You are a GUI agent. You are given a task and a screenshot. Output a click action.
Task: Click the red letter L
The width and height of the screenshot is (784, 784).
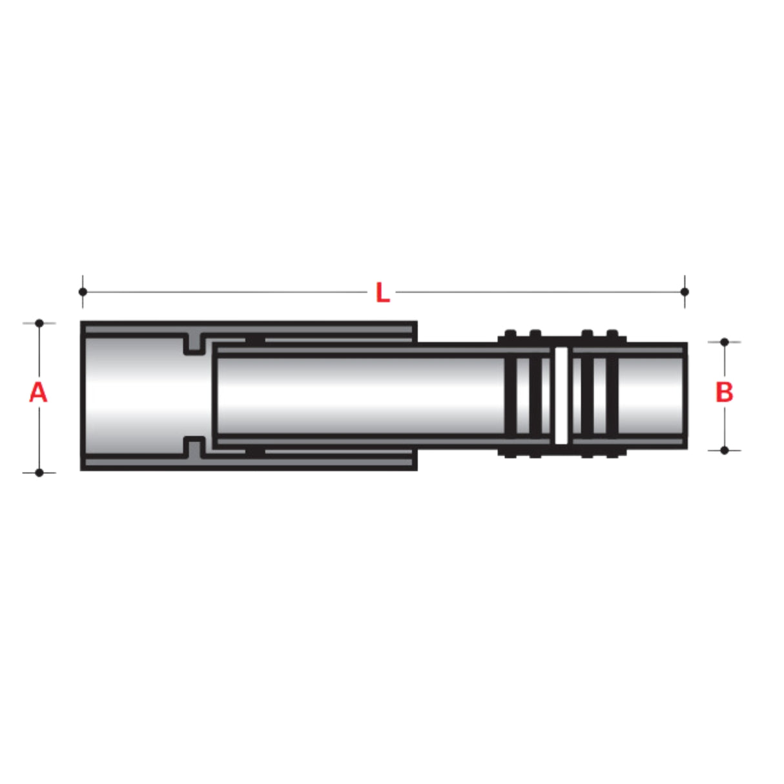click(382, 293)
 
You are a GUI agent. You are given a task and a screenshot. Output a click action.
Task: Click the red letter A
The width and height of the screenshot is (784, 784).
click(38, 392)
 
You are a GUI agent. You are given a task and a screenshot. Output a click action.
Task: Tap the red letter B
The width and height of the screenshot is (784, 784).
click(724, 392)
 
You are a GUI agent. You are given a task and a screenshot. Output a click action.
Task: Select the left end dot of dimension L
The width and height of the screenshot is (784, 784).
click(83, 292)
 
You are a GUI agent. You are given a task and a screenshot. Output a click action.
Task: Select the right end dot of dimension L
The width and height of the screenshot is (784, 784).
click(685, 292)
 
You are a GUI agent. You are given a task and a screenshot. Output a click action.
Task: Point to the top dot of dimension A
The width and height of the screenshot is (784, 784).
click(39, 323)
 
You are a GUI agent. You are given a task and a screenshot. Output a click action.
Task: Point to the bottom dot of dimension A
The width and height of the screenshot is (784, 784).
click(39, 473)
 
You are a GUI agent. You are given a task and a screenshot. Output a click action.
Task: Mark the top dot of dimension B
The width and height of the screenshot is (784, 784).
click(725, 342)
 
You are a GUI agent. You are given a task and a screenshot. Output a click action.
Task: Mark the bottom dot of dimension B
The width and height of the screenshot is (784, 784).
click(725, 450)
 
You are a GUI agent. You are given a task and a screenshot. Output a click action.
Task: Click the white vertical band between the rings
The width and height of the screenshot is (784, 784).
click(561, 395)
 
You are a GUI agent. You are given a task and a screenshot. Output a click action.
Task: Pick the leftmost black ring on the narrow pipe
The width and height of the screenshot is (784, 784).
click(510, 395)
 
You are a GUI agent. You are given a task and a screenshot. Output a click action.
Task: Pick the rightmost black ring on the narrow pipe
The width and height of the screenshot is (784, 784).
click(612, 395)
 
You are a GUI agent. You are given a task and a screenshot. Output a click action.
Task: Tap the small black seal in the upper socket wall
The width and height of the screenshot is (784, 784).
click(256, 340)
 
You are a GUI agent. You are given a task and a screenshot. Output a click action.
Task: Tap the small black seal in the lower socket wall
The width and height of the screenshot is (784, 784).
click(256, 451)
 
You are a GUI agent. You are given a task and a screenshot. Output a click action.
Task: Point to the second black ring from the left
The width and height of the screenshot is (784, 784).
click(535, 395)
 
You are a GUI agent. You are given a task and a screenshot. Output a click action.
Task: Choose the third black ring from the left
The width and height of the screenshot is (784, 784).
click(587, 395)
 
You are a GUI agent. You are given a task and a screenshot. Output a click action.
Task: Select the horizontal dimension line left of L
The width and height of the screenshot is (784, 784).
click(226, 292)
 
